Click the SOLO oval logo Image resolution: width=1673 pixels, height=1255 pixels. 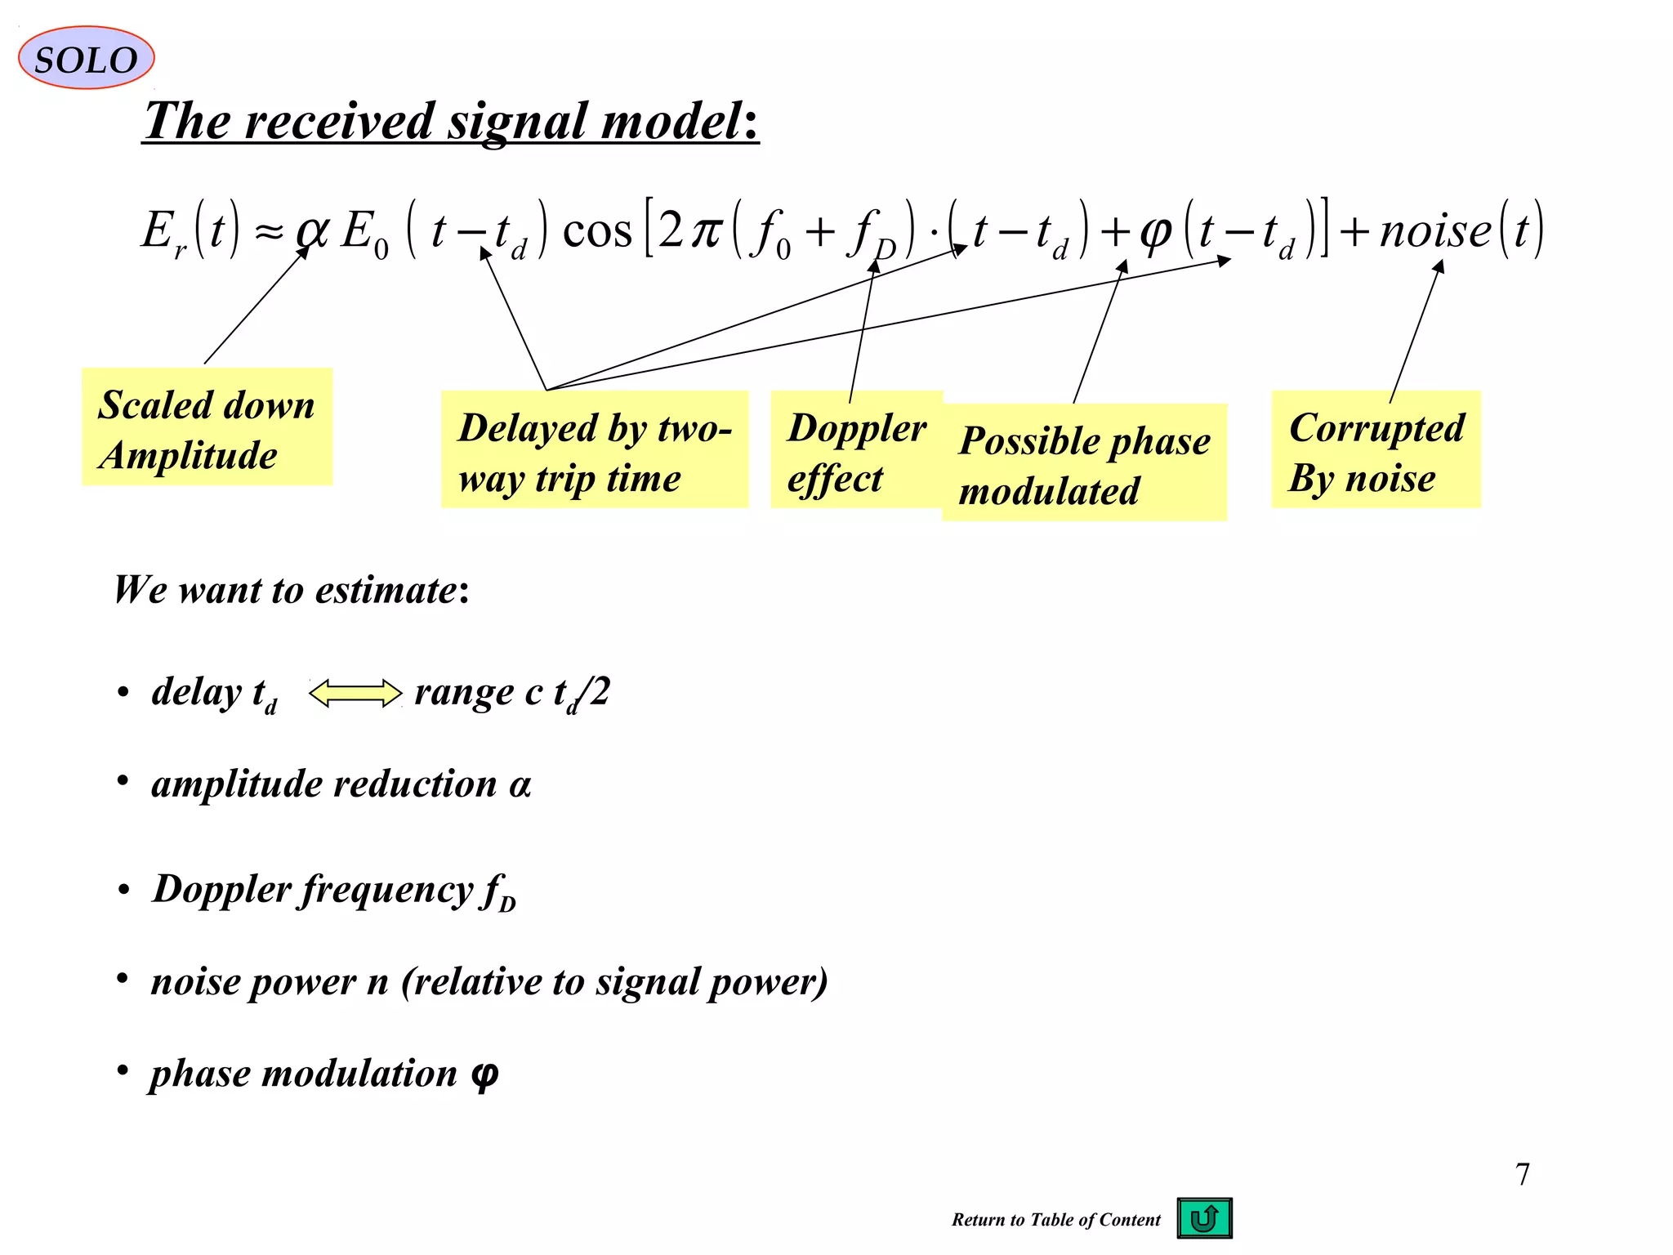pyautogui.click(x=86, y=58)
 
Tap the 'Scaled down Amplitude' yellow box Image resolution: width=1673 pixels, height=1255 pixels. pyautogui.click(x=207, y=427)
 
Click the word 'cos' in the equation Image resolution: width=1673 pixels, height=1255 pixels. pyautogui.click(x=597, y=230)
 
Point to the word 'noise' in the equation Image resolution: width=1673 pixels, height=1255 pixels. pyautogui.click(x=1435, y=230)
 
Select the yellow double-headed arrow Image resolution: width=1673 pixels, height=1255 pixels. pyautogui.click(x=355, y=694)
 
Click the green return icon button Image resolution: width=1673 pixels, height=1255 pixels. pyautogui.click(x=1204, y=1218)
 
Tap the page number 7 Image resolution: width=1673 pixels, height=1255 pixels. pyautogui.click(x=1522, y=1174)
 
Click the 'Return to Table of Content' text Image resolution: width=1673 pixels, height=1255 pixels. pyautogui.click(x=1055, y=1220)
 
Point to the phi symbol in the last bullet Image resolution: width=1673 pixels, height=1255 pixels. pyautogui.click(x=484, y=1074)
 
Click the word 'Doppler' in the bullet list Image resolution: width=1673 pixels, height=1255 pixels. pyautogui.click(x=221, y=889)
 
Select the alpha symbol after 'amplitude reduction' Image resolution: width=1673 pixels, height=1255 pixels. pyautogui.click(x=520, y=785)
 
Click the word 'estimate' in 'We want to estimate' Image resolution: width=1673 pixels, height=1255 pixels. pyautogui.click(x=386, y=590)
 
